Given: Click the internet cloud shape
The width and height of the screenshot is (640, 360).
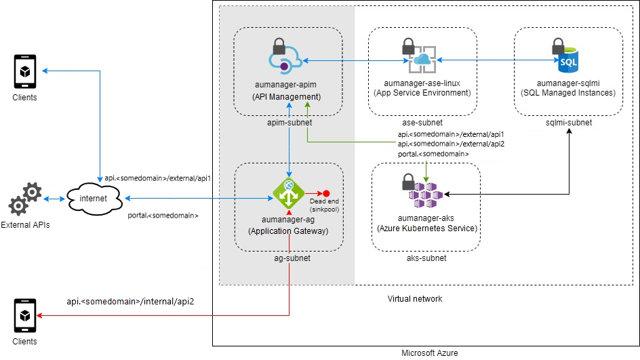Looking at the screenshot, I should pos(95,199).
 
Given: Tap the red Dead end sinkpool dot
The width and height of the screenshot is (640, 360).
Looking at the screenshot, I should pos(326,193).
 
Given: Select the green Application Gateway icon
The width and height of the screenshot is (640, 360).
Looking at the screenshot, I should pos(289,193).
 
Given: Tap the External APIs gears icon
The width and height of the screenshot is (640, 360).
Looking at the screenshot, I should pos(25,199).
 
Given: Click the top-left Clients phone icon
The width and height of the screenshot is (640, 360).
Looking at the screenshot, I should pos(25,72).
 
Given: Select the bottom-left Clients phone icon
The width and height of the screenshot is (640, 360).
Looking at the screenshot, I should pos(25,316).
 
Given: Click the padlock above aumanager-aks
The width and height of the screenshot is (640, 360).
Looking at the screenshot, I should pos(408,182).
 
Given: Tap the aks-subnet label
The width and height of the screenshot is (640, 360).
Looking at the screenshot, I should pos(425,259).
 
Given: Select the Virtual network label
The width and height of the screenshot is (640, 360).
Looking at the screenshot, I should pos(414,299).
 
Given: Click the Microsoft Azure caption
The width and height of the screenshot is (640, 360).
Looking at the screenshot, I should pos(429,353).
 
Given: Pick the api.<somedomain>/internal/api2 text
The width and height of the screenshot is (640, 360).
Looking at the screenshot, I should pos(130,301).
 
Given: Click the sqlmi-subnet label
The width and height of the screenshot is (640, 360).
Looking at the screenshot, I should pos(568,123).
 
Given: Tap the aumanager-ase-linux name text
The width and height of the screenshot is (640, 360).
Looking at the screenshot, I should pos(422,83).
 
